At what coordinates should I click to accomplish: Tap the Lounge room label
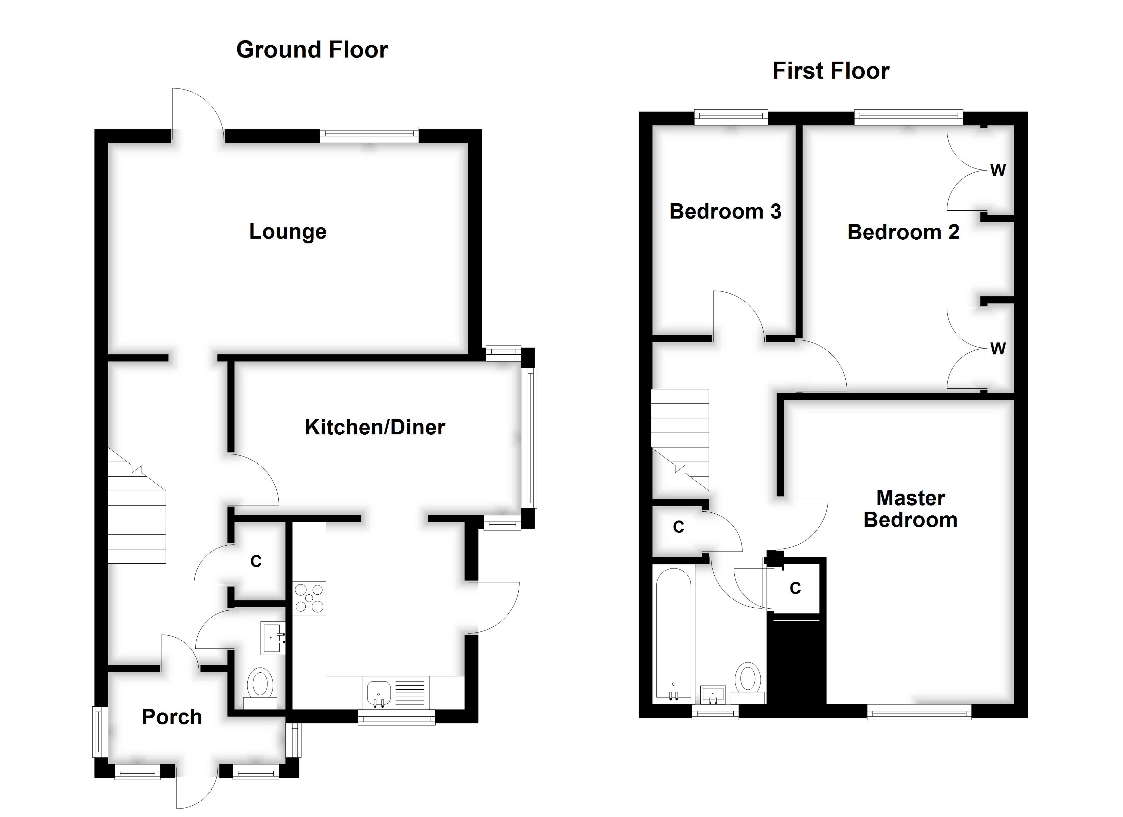pos(288,231)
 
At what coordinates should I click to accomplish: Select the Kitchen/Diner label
pos(375,427)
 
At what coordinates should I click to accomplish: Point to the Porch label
pos(172,717)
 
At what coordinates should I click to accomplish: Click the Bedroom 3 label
pos(725,211)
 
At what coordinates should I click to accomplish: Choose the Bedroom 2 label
pos(903,232)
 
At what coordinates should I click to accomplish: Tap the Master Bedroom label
pos(910,509)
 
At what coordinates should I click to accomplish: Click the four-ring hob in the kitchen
pos(309,598)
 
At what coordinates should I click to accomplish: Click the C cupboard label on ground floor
pos(256,561)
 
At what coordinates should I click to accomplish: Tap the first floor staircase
pos(680,438)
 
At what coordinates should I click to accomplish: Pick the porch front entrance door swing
pos(197,788)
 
